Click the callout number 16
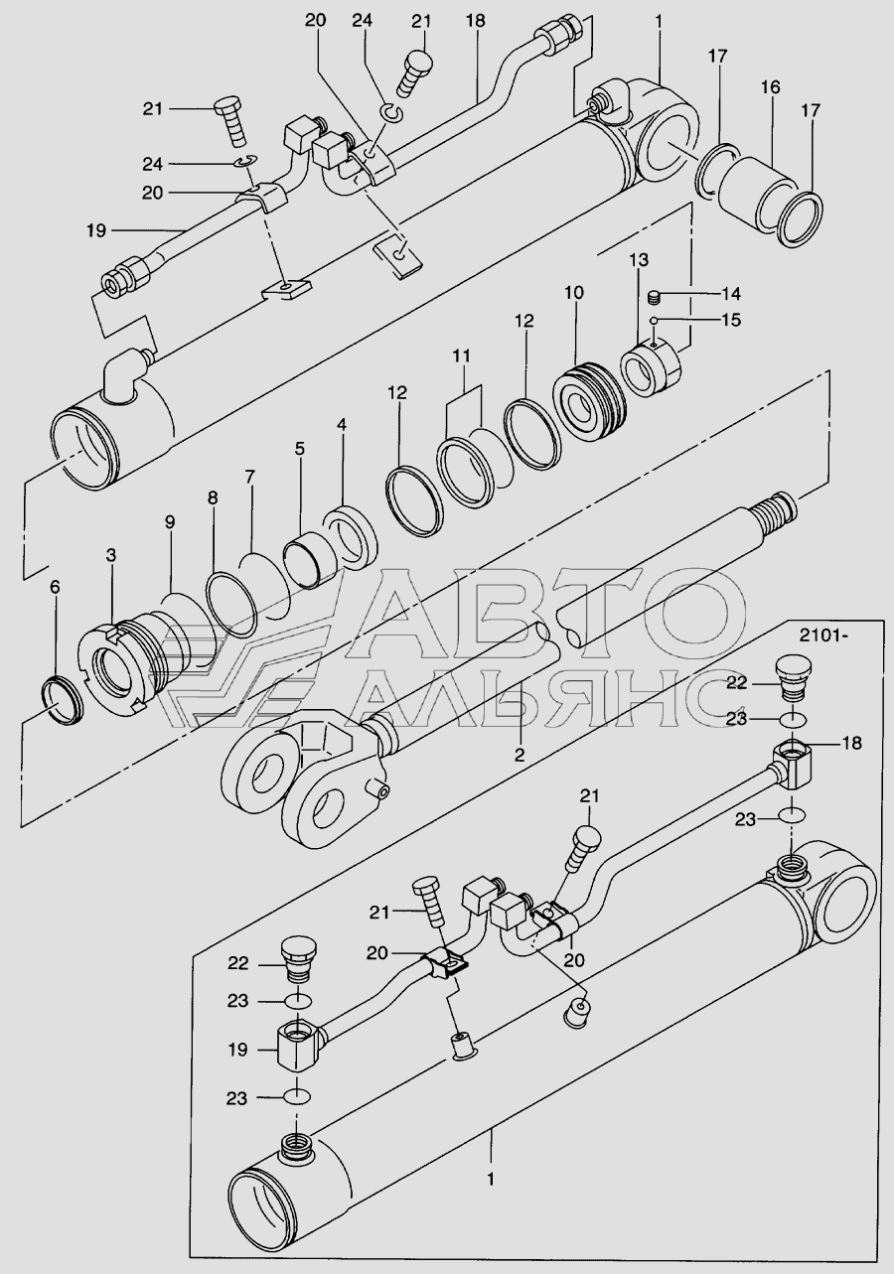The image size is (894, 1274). pyautogui.click(x=771, y=88)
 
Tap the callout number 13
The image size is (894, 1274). pyautogui.click(x=638, y=259)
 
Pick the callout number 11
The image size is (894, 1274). pyautogui.click(x=460, y=354)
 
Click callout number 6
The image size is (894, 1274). pyautogui.click(x=55, y=588)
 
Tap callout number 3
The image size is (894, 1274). pyautogui.click(x=111, y=555)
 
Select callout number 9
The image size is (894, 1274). pyautogui.click(x=170, y=520)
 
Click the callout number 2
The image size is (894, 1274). pyautogui.click(x=518, y=755)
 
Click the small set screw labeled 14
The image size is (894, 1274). pyautogui.click(x=655, y=295)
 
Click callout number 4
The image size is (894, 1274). pyautogui.click(x=341, y=425)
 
